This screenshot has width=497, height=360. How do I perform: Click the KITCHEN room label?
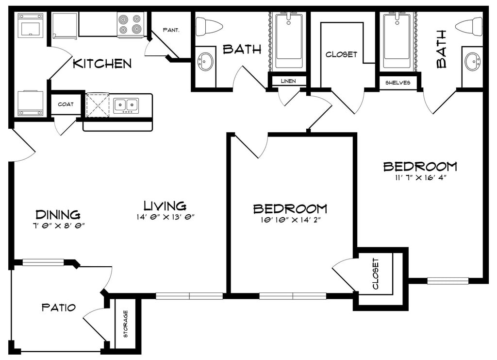102,64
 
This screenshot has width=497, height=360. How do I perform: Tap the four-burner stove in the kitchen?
130,25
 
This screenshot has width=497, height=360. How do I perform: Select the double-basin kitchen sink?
126,105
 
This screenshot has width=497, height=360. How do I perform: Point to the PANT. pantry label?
171,30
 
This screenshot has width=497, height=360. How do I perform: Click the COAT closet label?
66,104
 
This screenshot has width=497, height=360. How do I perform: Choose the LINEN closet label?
288,81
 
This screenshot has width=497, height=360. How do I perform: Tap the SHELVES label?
398,83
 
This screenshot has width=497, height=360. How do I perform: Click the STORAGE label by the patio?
126,324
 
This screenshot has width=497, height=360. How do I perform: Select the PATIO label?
59,307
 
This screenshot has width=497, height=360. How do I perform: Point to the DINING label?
58,214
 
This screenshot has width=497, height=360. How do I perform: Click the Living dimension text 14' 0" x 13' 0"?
165,217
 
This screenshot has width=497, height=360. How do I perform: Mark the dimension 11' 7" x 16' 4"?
421,178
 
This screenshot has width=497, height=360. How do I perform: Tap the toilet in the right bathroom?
469,26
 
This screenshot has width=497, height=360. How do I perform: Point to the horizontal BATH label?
242,49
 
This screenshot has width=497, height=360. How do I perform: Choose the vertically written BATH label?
442,49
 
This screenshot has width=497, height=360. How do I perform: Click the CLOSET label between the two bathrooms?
341,54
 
